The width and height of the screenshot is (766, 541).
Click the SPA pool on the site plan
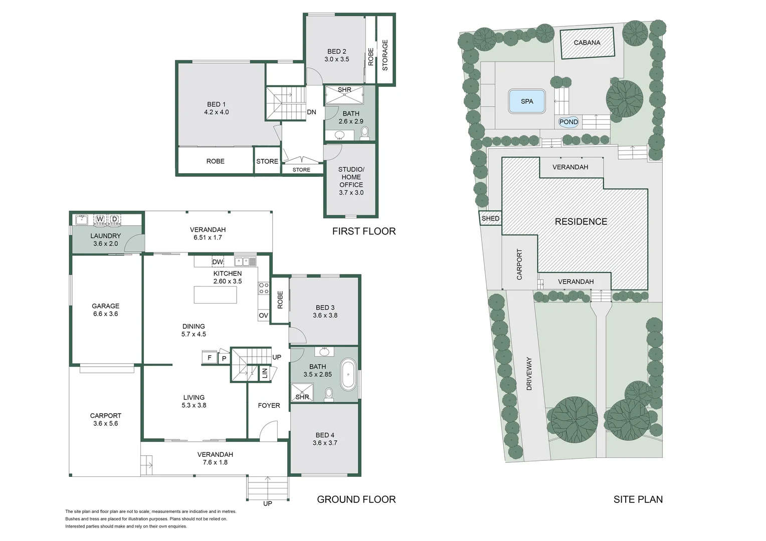click(527, 101)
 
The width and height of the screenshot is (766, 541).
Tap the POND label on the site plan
click(568, 122)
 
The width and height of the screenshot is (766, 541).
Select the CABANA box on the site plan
click(587, 43)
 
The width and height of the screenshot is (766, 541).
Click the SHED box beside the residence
click(490, 218)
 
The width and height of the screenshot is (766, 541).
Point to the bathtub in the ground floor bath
click(348, 374)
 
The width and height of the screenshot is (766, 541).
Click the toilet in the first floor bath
click(364, 133)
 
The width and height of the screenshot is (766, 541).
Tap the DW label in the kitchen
click(218, 262)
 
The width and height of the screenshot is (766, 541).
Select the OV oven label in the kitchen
click(264, 316)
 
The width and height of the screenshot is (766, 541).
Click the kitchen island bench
click(216, 295)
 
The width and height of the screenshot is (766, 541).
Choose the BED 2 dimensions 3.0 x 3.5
click(337, 59)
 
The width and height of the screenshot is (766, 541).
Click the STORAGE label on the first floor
click(385, 55)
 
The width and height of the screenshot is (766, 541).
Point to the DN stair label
click(311, 112)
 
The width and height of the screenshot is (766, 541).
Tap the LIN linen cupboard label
click(265, 373)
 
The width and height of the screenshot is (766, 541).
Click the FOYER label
click(269, 405)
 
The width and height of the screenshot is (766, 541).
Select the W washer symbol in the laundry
click(100, 219)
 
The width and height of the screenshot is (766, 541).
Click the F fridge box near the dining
click(210, 358)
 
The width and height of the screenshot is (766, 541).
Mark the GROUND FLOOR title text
click(356, 499)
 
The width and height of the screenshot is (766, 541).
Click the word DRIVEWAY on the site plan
click(529, 374)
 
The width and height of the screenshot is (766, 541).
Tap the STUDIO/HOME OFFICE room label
click(351, 180)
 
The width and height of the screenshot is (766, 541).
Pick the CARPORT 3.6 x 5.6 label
click(105, 419)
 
